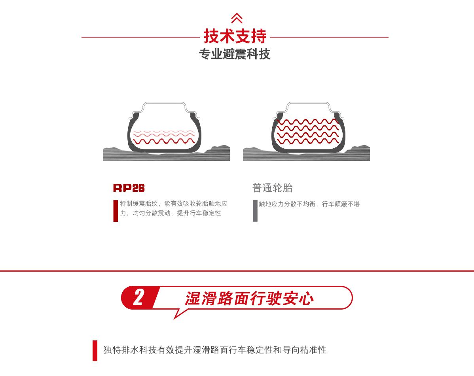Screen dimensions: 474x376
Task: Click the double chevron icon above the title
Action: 237,18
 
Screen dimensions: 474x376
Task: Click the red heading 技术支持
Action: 235,36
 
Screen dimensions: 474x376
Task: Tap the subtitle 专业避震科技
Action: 235,54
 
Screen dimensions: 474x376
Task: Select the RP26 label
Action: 129,188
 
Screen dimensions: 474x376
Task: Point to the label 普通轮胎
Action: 273,188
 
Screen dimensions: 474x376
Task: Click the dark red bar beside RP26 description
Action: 116,211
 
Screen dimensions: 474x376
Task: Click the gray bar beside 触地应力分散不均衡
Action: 255,211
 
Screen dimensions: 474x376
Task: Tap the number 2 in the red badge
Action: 138,297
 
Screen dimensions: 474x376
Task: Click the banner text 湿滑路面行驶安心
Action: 249,299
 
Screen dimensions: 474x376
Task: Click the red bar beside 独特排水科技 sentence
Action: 95,351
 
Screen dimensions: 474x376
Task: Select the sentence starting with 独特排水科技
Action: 215,350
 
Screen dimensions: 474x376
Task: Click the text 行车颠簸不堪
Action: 341,204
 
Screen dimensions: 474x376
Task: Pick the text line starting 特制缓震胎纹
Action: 174,204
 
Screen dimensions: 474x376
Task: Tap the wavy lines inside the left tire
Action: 164,137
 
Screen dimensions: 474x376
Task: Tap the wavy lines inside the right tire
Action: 308,131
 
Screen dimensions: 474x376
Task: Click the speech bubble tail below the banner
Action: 180,314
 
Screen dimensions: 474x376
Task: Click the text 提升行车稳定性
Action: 199,213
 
